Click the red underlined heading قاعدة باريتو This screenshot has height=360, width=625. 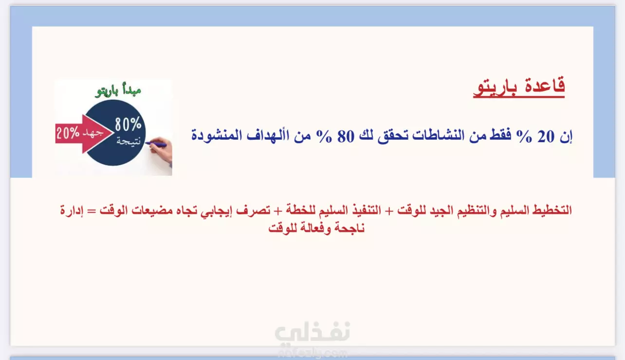[519, 87]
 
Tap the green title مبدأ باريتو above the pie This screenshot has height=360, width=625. [118, 91]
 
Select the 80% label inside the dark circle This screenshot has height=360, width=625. [128, 124]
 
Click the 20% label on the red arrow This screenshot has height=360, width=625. [68, 133]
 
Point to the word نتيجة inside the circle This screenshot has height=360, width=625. [129, 141]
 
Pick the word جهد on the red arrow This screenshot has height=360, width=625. [93, 133]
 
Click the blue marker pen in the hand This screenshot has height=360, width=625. [156, 144]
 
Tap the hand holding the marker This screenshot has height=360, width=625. [161, 151]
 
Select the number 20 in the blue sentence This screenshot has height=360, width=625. [546, 136]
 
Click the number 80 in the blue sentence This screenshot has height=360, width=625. [346, 136]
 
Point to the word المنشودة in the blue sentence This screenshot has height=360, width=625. [217, 135]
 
